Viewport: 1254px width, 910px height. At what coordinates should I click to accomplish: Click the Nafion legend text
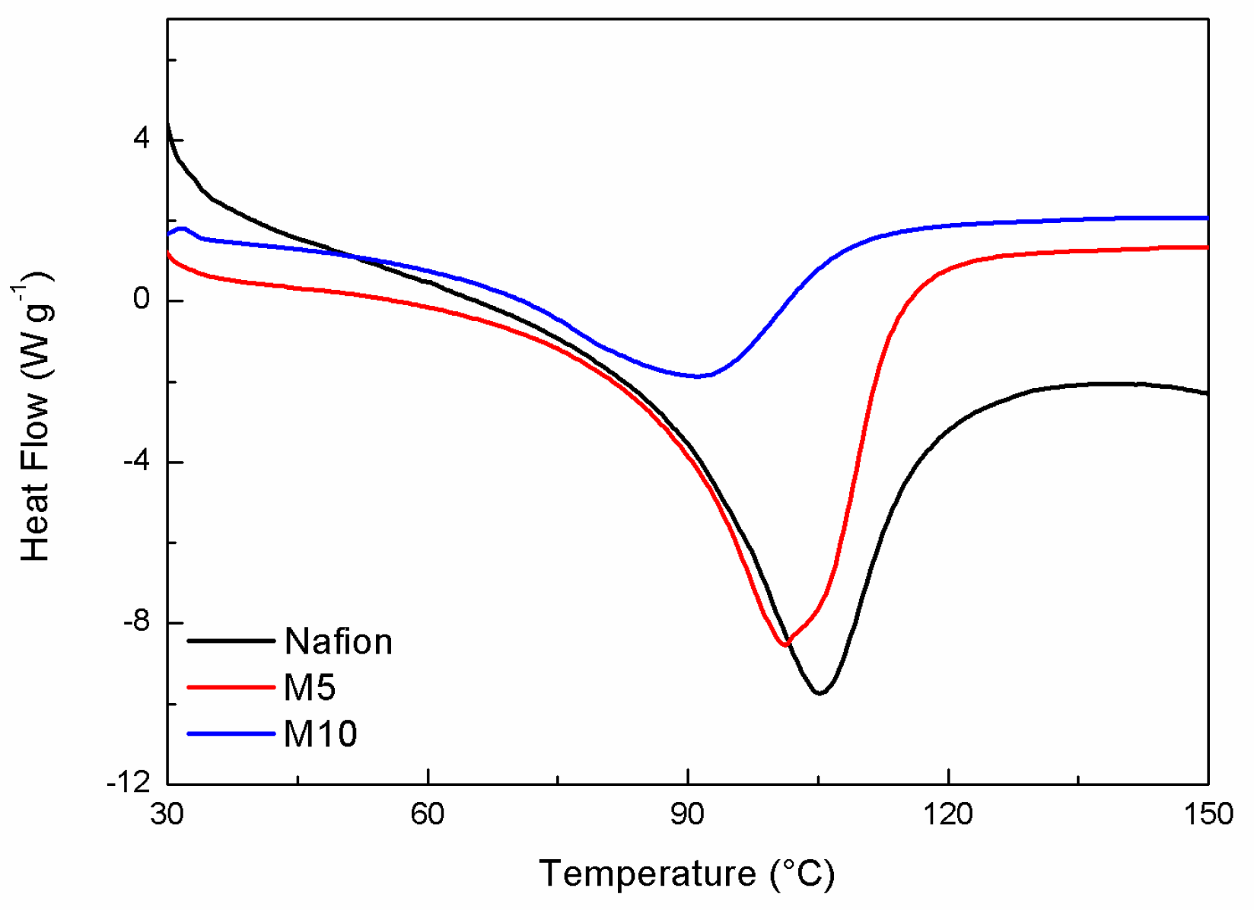[x=338, y=641]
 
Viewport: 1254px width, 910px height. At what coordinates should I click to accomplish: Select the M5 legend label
[x=310, y=688]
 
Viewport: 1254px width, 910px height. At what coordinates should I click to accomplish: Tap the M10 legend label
[x=320, y=734]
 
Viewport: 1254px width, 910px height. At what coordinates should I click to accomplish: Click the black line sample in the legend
[x=231, y=641]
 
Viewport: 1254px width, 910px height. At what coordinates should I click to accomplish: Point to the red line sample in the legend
[x=231, y=688]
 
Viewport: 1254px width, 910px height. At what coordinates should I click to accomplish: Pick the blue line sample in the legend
[x=231, y=734]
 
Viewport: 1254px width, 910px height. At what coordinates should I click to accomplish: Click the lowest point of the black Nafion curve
[x=820, y=693]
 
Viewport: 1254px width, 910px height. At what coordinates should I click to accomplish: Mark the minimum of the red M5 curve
[x=785, y=645]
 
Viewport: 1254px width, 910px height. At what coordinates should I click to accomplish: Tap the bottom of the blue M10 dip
[x=696, y=376]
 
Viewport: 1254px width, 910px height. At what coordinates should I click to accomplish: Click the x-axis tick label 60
[x=428, y=815]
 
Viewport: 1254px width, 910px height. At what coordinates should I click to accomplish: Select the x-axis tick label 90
[x=688, y=815]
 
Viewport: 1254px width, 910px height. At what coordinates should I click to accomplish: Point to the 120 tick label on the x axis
[x=948, y=815]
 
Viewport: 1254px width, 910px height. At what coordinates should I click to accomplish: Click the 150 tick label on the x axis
[x=1208, y=815]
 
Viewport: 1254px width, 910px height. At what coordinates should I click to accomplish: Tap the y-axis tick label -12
[x=129, y=784]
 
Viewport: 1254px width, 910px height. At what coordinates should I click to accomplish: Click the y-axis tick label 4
[x=142, y=140]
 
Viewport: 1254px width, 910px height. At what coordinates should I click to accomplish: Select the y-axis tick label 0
[x=142, y=301]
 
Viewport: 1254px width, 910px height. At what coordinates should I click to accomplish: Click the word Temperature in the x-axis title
[x=648, y=873]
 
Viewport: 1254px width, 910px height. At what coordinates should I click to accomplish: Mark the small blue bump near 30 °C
[x=182, y=228]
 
